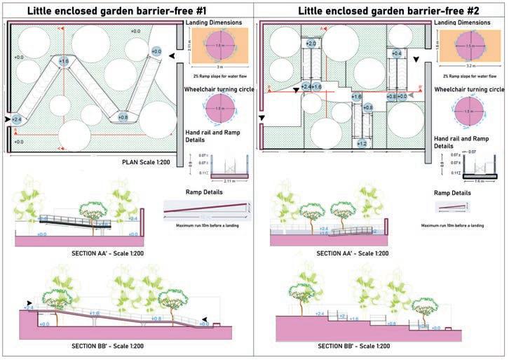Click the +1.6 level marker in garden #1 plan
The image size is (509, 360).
pos(64,62)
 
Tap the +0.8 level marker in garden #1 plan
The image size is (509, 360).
pos(123,117)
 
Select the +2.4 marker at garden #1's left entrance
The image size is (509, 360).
pos(17,121)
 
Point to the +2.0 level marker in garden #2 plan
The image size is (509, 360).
pos(311,44)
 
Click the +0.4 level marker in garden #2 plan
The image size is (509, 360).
pos(398,53)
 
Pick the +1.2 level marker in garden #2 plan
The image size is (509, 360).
pos(362,143)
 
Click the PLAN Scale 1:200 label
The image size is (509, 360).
pos(149,161)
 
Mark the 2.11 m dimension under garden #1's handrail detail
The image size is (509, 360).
pos(228,180)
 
